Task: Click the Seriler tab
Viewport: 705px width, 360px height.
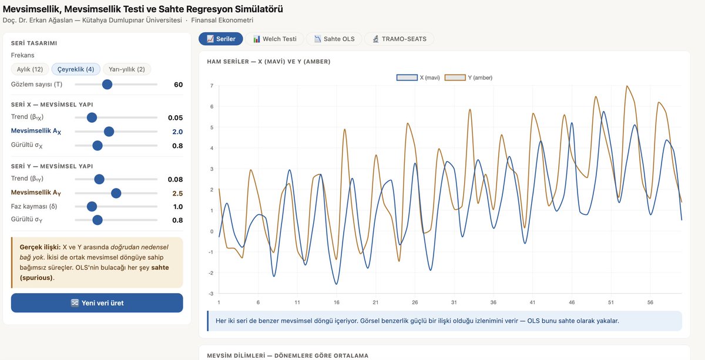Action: (221, 39)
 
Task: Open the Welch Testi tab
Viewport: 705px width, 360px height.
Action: (275, 39)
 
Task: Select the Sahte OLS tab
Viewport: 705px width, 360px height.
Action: (334, 39)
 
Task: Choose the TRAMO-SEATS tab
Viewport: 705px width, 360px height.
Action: (399, 39)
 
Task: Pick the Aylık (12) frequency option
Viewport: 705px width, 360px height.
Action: (30, 69)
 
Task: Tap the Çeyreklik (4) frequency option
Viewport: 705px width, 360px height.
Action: (76, 69)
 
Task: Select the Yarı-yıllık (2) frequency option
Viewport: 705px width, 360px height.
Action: (127, 69)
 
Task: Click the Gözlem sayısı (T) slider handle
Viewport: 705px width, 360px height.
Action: (108, 85)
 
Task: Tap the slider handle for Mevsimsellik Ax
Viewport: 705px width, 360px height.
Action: (109, 132)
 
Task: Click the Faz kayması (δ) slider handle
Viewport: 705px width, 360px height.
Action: (92, 207)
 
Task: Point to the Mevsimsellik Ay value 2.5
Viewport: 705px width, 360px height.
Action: (177, 193)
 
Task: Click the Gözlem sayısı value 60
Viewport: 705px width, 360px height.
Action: (179, 85)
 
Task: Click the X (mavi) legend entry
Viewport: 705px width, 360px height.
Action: (418, 78)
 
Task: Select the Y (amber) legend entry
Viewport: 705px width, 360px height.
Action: (468, 78)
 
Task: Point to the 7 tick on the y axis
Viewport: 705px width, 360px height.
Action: (212, 86)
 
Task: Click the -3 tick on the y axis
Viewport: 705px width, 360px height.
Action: (211, 294)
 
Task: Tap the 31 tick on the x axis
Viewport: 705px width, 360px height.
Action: (454, 302)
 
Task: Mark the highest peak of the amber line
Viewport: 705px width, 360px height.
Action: (627, 86)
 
